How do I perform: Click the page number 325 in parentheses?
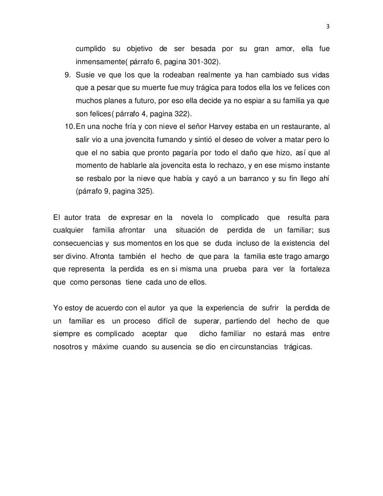point(142,191)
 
